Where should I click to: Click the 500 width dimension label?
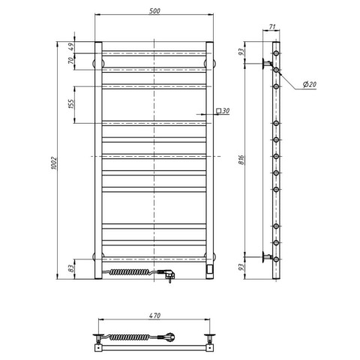coord(154,11)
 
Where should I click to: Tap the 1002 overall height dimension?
coord(54,163)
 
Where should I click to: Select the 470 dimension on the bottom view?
coord(154,316)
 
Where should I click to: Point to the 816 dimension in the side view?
coord(241,160)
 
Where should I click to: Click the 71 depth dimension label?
coord(272,26)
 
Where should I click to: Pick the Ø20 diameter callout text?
coord(310,85)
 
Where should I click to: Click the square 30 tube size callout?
coord(223,110)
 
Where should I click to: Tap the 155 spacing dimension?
coord(71,104)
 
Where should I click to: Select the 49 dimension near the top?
coord(71,47)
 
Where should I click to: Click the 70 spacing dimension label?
coord(71,61)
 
